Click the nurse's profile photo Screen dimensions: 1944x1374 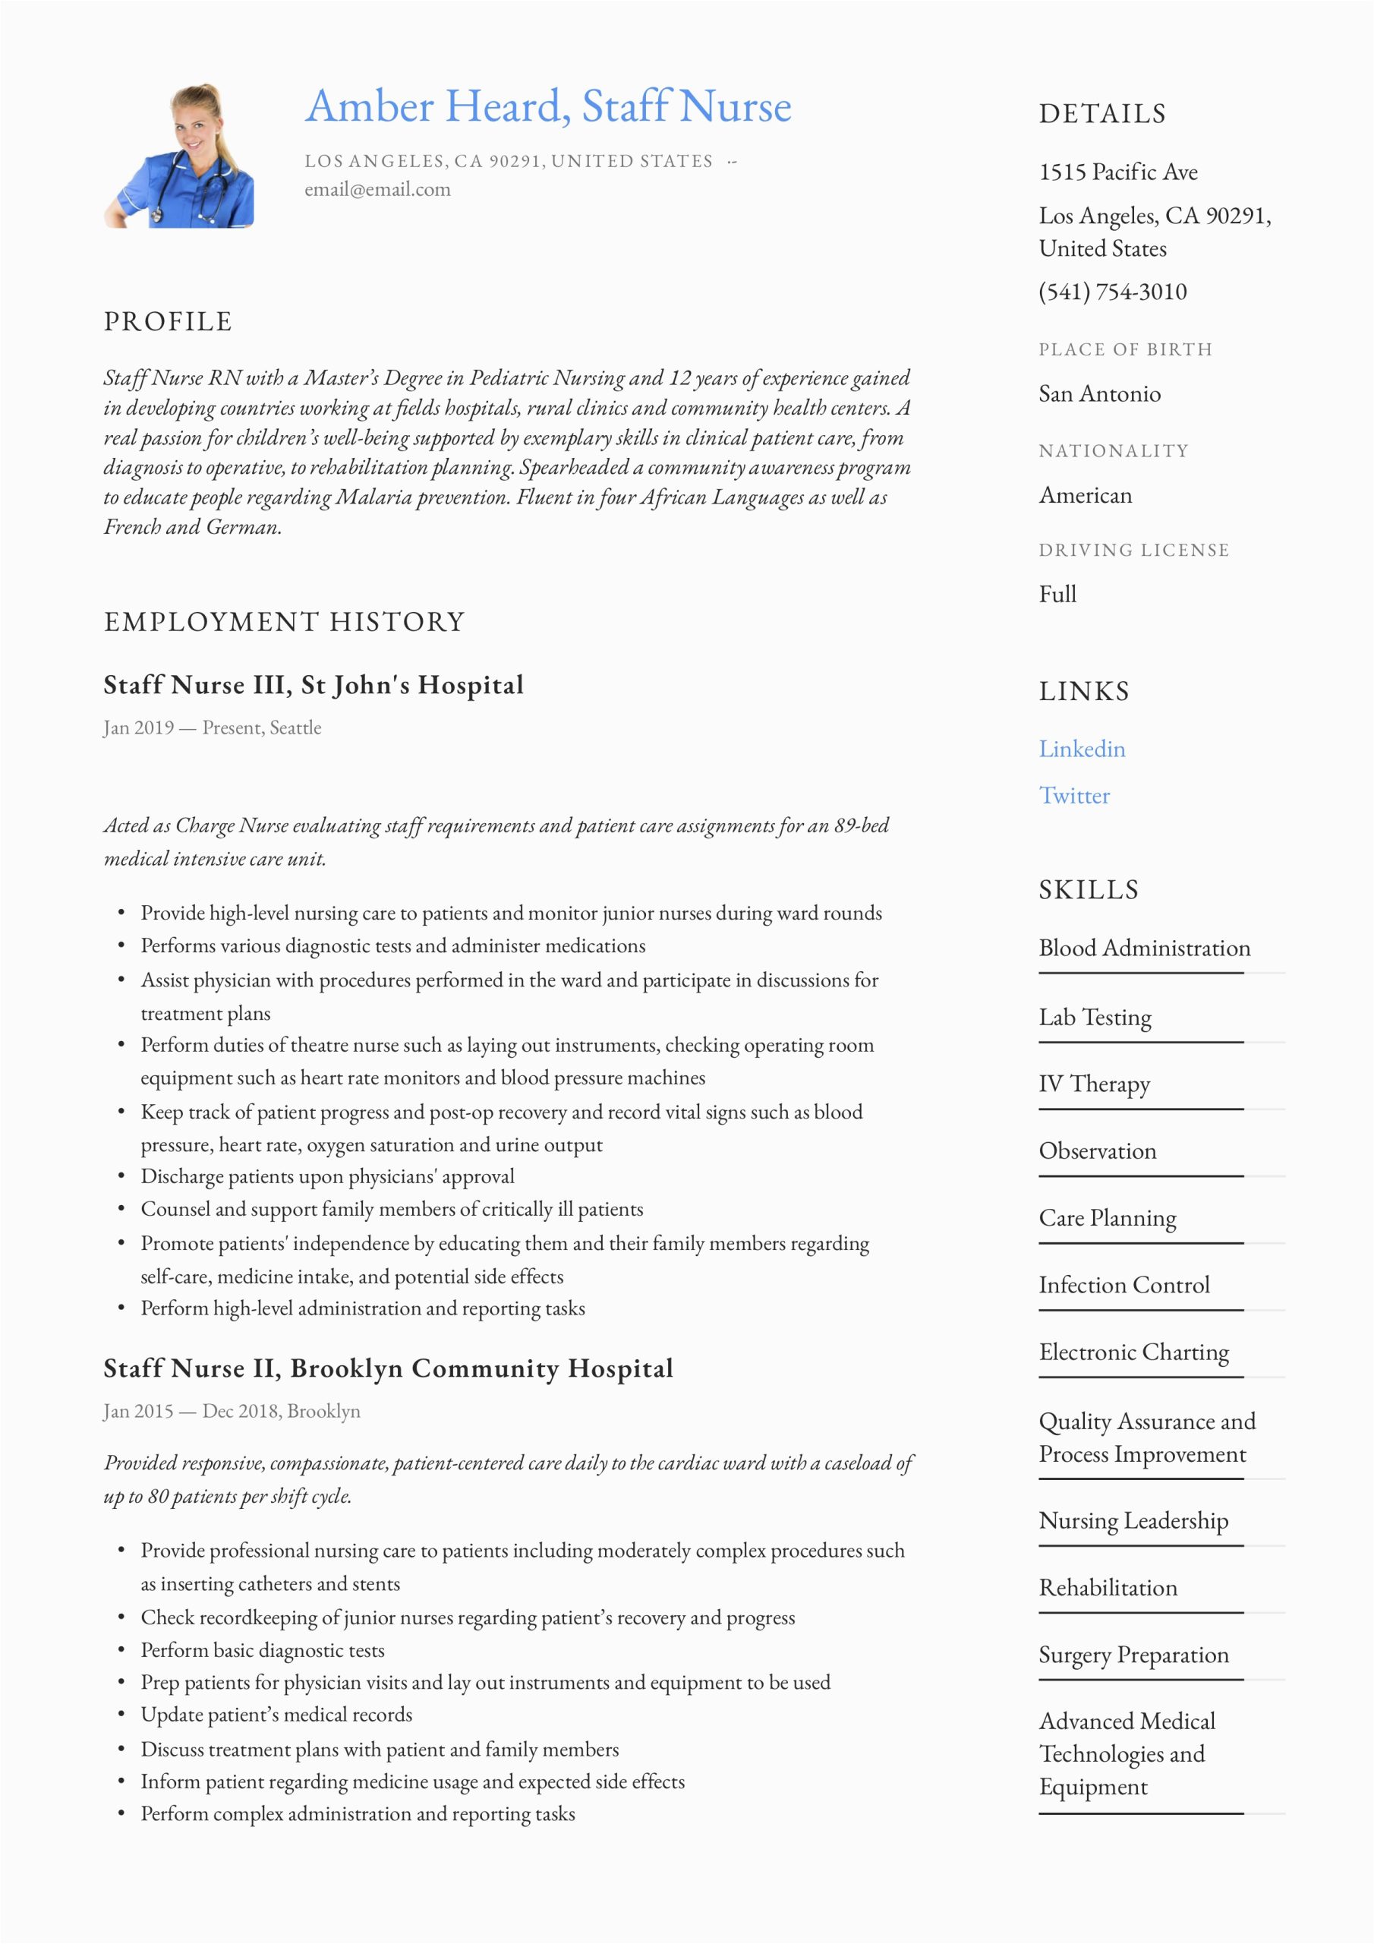178,156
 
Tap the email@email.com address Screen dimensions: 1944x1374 377,190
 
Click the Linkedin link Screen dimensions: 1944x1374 1081,749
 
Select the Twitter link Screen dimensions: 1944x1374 1073,795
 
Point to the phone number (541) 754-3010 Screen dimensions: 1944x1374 1111,292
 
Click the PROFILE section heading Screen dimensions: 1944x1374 168,322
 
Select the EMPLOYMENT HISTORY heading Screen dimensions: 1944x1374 285,621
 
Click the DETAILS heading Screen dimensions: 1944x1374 1101,113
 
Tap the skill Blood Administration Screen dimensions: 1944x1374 1144,948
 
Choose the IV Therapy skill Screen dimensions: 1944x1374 1094,1084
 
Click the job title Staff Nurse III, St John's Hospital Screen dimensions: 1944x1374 314,684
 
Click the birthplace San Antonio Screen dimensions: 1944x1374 1099,393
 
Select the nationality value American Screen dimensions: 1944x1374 1085,495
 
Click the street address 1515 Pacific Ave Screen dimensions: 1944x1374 1117,172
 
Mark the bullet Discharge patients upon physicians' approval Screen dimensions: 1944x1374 326,1176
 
